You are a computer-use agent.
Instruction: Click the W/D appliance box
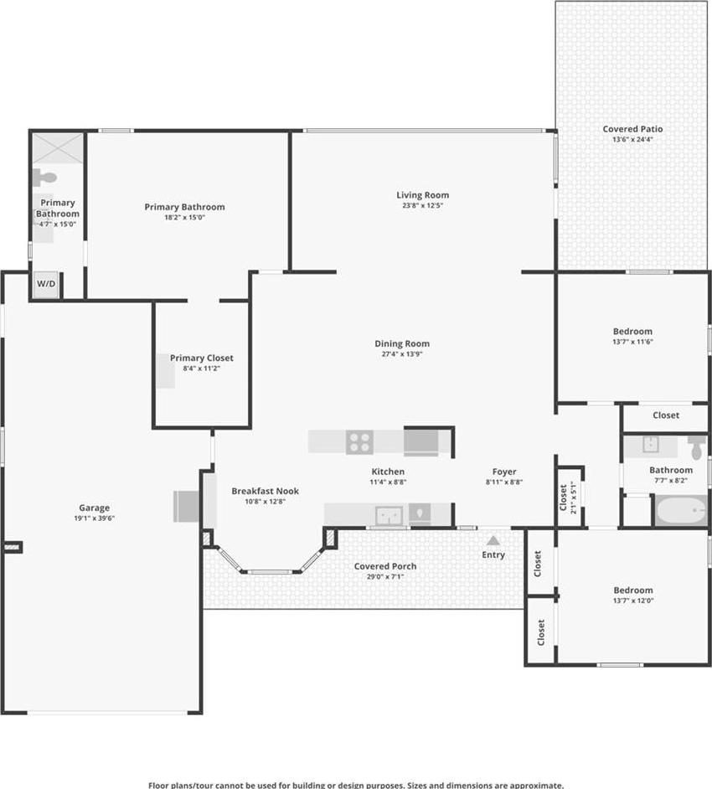pyautogui.click(x=46, y=284)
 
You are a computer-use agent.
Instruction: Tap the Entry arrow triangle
pyautogui.click(x=493, y=540)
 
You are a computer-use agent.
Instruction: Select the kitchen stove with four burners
pyautogui.click(x=360, y=441)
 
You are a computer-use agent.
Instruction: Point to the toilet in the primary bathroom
pyautogui.click(x=44, y=177)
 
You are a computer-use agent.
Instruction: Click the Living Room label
pyautogui.click(x=423, y=195)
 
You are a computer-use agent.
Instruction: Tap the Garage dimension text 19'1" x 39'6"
pyautogui.click(x=95, y=518)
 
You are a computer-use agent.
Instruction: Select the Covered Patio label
pyautogui.click(x=632, y=129)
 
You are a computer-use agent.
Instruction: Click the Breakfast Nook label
pyautogui.click(x=266, y=491)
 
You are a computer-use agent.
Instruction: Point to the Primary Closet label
pyautogui.click(x=202, y=358)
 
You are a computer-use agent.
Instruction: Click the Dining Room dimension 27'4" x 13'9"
pyautogui.click(x=402, y=354)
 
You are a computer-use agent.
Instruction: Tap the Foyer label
pyautogui.click(x=504, y=472)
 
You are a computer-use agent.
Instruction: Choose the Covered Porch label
pyautogui.click(x=385, y=566)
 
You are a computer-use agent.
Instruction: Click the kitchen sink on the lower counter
pyautogui.click(x=390, y=515)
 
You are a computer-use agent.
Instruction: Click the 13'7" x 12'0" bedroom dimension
pyautogui.click(x=633, y=601)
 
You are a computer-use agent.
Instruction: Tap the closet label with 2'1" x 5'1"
pyautogui.click(x=567, y=498)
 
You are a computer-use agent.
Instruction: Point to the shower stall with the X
pyautogui.click(x=58, y=148)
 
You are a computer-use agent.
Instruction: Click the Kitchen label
pyautogui.click(x=388, y=472)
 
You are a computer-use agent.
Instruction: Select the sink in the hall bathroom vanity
pyautogui.click(x=651, y=445)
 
